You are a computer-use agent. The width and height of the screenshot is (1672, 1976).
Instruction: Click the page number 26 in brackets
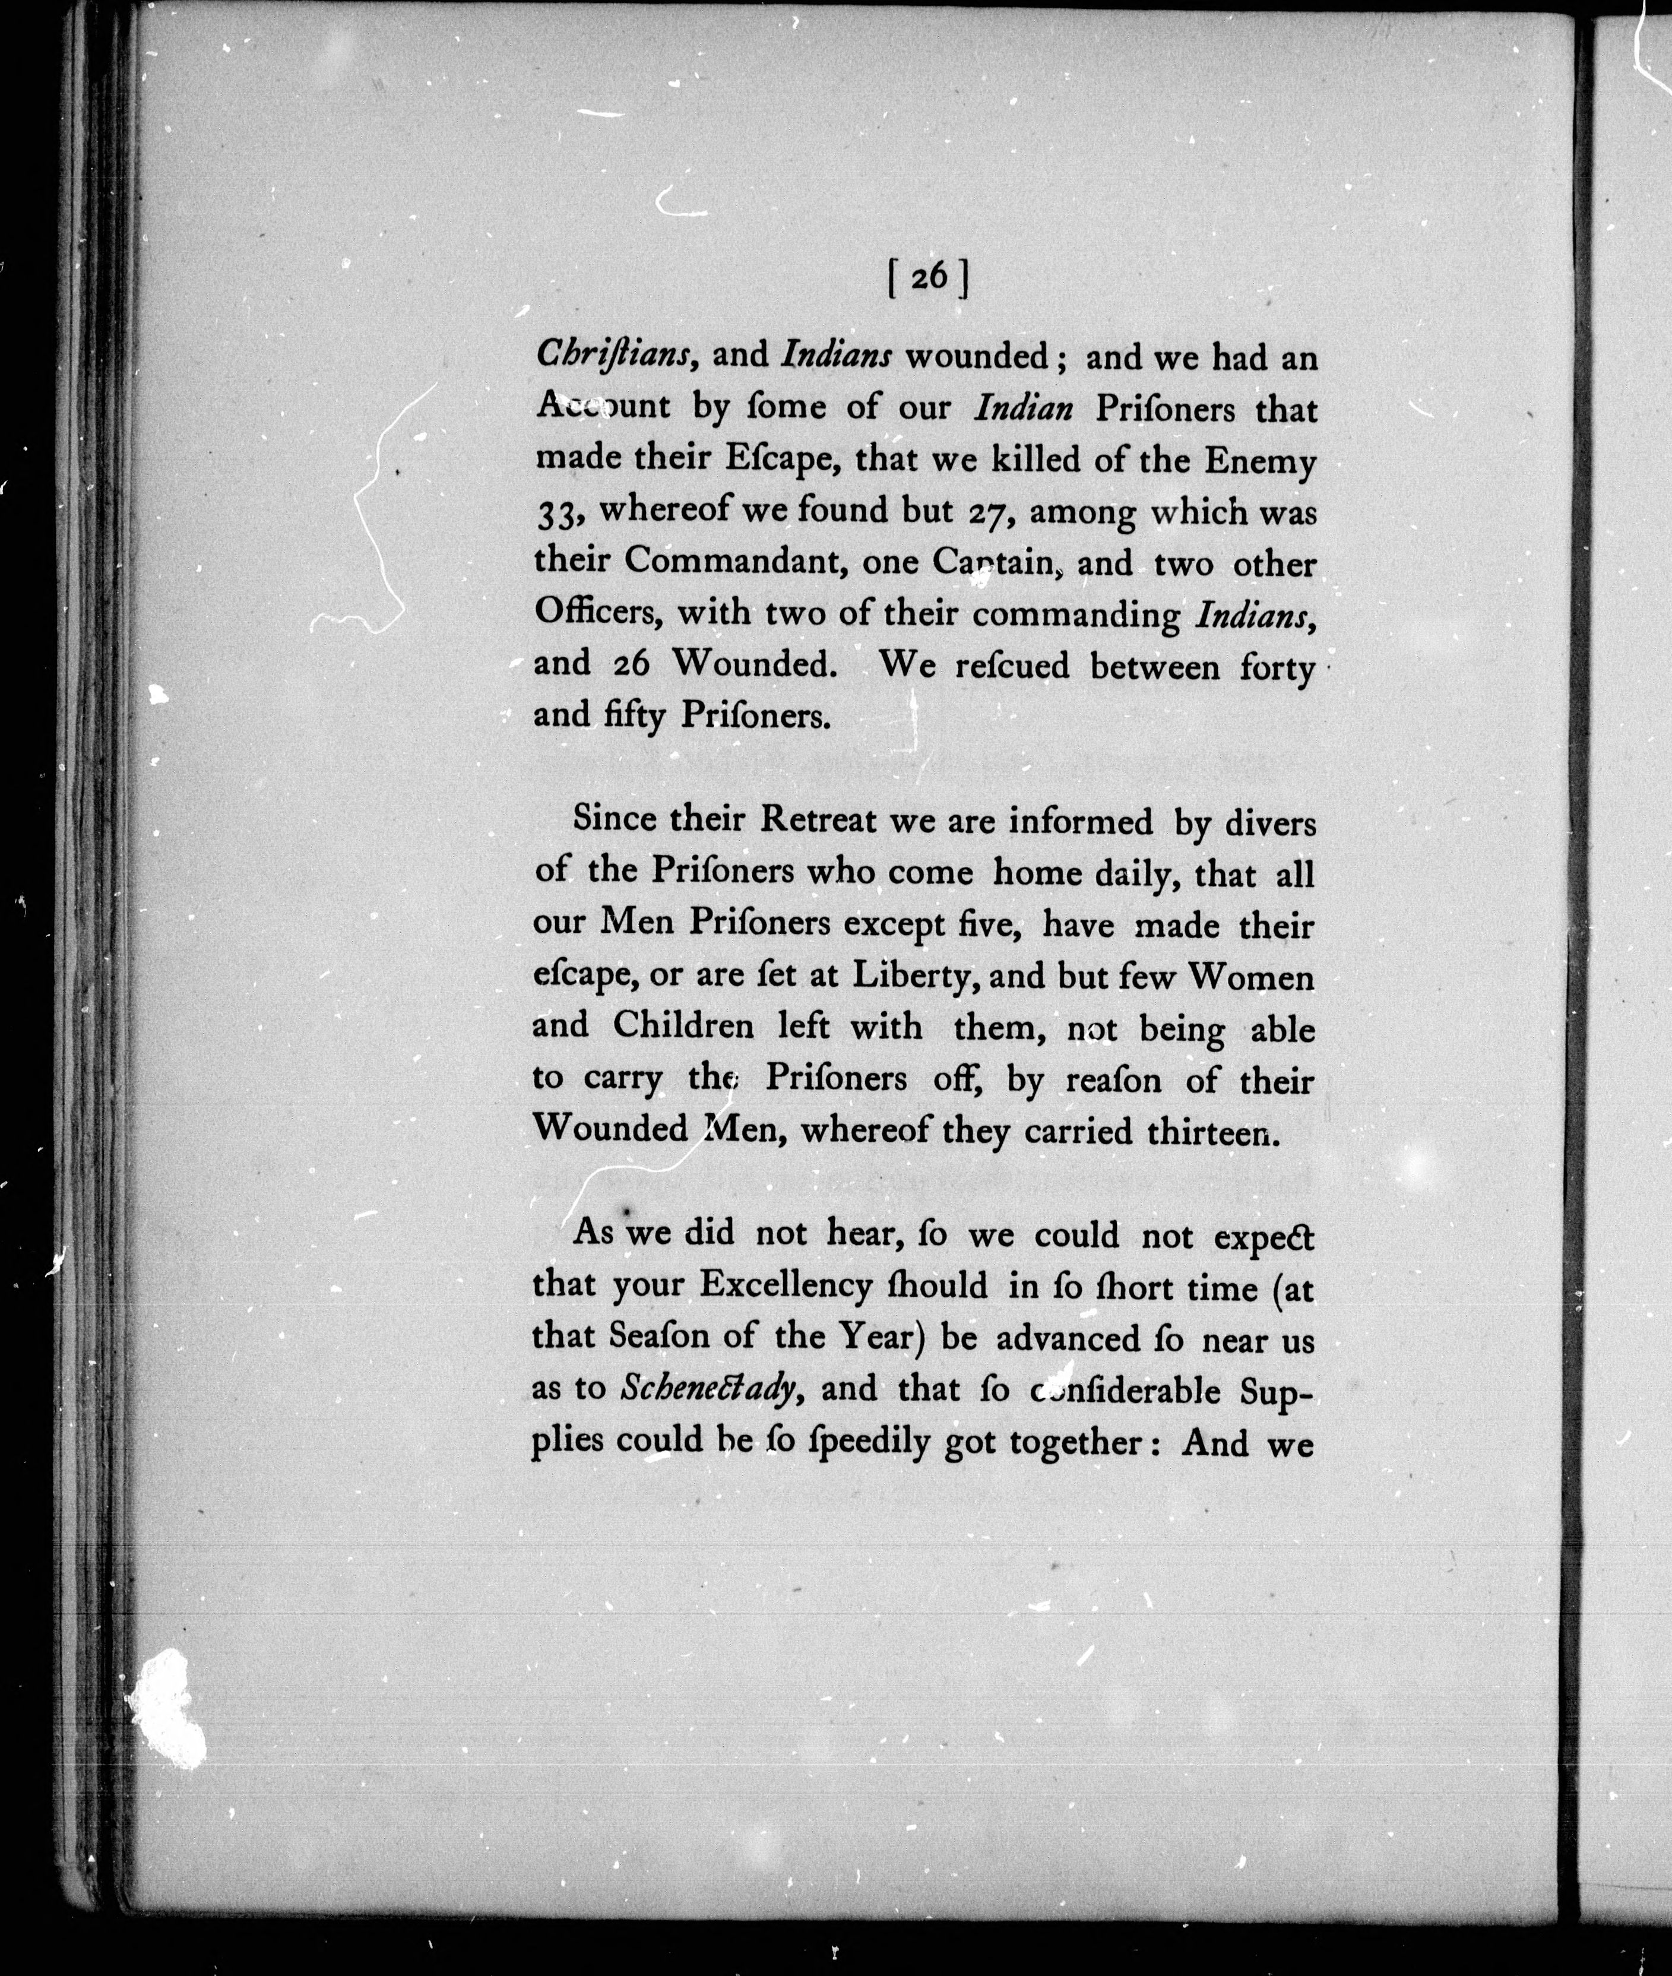(x=929, y=277)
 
